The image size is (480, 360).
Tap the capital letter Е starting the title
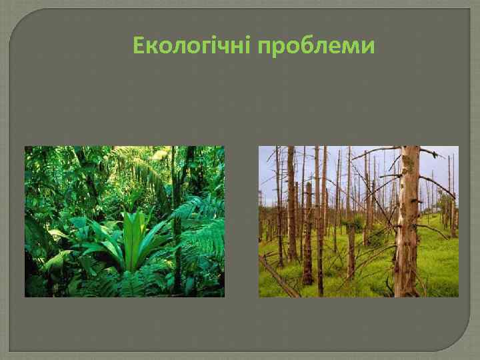click(139, 46)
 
